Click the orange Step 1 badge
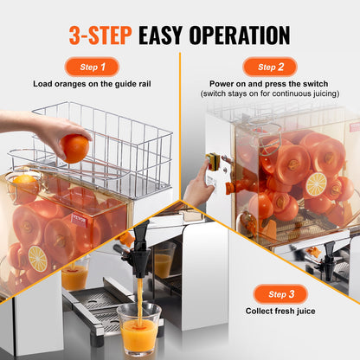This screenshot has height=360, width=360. [92, 67]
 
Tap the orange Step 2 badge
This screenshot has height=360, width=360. [270, 67]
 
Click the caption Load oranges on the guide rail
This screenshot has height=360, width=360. [92, 85]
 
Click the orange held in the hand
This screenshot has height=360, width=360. [75, 148]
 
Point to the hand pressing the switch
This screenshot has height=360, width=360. [196, 184]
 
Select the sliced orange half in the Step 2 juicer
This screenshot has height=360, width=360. [316, 184]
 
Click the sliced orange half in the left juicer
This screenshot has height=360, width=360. [38, 258]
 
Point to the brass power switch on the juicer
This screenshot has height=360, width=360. [210, 164]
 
